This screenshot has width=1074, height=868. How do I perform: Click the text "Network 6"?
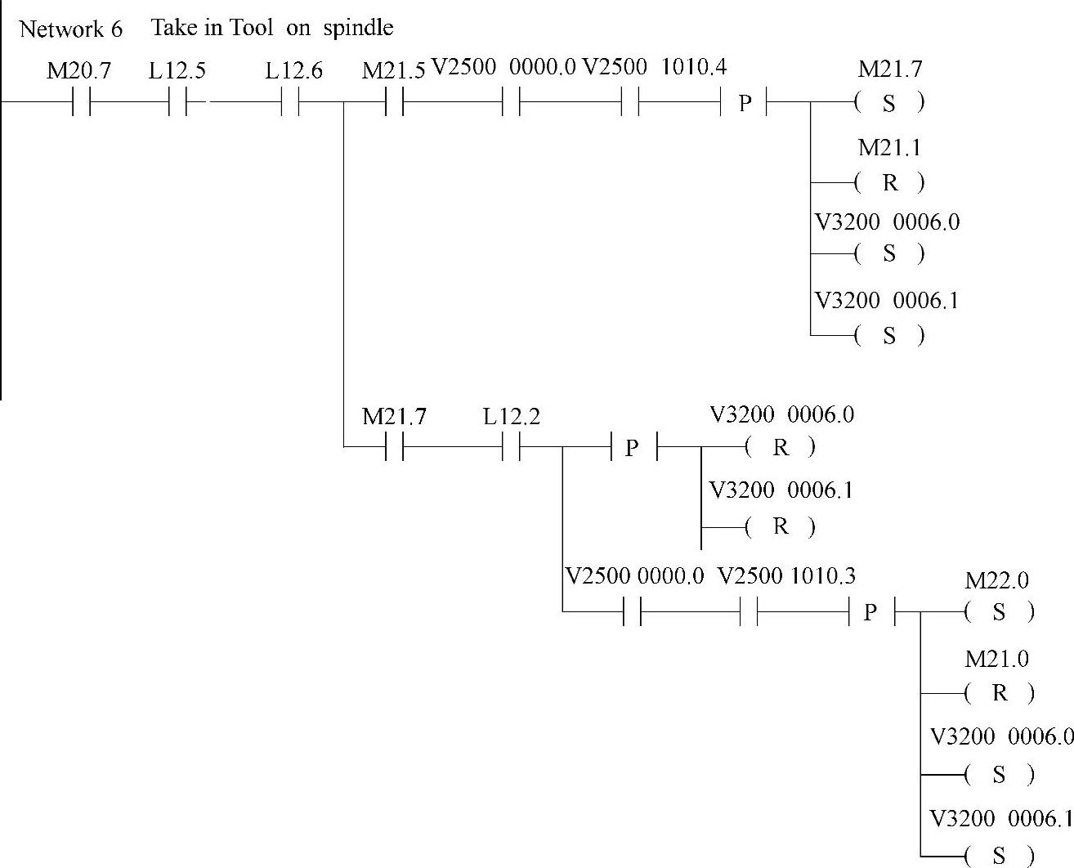(70, 29)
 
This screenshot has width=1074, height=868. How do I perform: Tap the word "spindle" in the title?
(358, 28)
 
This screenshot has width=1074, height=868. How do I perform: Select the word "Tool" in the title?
(250, 28)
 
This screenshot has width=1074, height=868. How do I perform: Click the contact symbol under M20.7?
(80, 103)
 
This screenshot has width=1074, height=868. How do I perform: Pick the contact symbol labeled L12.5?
(177, 103)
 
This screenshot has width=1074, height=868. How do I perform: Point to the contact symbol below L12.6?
(290, 103)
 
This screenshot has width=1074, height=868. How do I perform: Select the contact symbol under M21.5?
(394, 103)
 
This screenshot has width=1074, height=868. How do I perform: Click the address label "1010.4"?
(693, 66)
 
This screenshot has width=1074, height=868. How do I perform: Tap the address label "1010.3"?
(822, 576)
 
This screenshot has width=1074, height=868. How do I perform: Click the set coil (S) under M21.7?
(889, 103)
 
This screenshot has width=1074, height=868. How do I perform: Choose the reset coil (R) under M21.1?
(889, 182)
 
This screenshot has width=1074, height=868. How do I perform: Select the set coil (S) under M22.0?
(999, 612)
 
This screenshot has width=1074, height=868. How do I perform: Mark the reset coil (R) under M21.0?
(999, 693)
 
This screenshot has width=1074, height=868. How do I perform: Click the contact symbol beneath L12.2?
(511, 448)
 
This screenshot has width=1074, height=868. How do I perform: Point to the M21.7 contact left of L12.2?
(394, 448)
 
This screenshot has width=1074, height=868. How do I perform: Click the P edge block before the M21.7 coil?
(745, 103)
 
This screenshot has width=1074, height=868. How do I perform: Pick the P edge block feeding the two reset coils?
(632, 448)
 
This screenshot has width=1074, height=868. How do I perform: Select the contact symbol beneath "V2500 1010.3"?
(749, 611)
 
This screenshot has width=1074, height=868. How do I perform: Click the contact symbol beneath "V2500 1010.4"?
(629, 103)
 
